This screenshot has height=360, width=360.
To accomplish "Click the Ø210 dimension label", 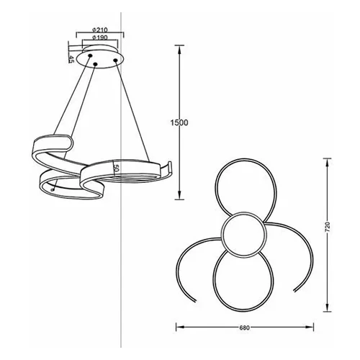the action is click(x=100, y=30).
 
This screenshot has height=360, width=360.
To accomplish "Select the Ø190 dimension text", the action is click(x=100, y=37).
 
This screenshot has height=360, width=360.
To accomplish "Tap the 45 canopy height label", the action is click(x=71, y=59).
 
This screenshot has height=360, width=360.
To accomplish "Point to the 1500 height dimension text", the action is click(x=179, y=122).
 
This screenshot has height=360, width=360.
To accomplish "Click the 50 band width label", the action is click(x=117, y=168).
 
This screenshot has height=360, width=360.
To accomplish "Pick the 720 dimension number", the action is click(x=328, y=227).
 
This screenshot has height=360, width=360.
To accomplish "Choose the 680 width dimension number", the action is click(x=245, y=328).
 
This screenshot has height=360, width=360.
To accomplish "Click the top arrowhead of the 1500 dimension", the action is click(x=179, y=50).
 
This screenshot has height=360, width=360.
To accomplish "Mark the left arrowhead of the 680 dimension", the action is click(x=181, y=327).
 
